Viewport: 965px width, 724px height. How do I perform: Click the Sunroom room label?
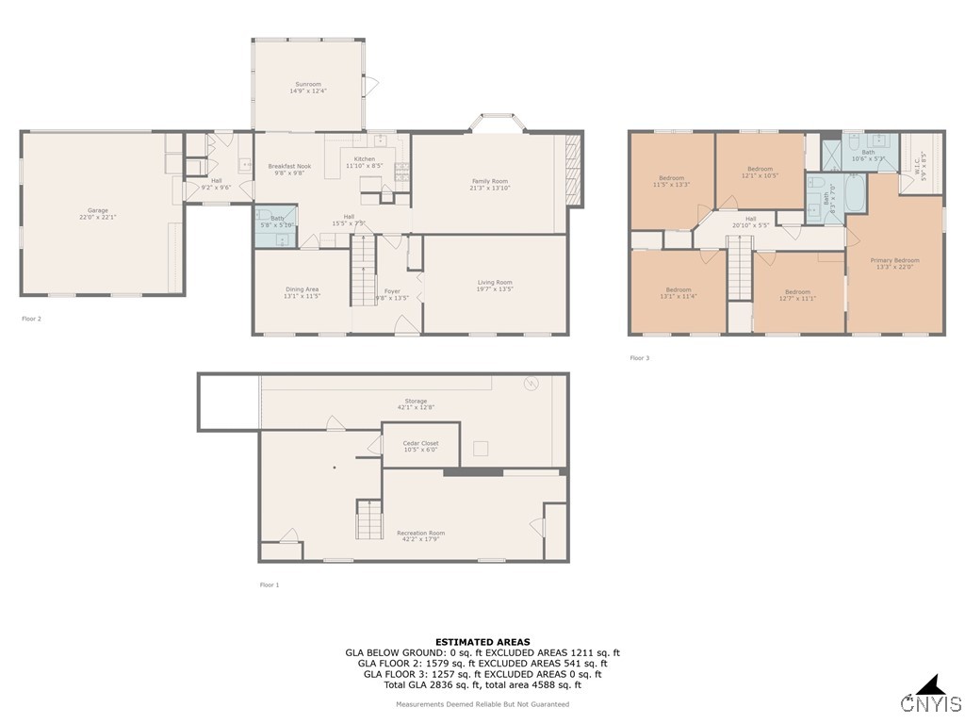click(307, 84)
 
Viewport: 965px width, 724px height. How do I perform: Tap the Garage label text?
click(98, 210)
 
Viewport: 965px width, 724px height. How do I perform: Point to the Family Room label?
click(489, 181)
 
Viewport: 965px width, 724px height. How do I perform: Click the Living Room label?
click(494, 282)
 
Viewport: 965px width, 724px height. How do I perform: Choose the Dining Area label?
click(302, 288)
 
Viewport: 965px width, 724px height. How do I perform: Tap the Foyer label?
click(392, 291)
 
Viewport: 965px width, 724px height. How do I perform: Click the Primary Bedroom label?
click(894, 260)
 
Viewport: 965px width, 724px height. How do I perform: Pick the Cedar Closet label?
click(420, 443)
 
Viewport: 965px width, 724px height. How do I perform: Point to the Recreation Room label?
click(420, 533)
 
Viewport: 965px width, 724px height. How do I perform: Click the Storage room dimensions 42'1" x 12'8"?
click(416, 407)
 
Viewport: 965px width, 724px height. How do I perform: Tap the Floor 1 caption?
click(270, 584)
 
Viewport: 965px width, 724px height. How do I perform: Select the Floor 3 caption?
click(639, 358)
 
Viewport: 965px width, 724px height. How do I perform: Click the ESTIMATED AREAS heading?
click(482, 642)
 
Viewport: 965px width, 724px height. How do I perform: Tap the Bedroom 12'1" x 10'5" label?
click(760, 170)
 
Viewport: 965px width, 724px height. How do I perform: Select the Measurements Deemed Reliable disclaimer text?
click(482, 704)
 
